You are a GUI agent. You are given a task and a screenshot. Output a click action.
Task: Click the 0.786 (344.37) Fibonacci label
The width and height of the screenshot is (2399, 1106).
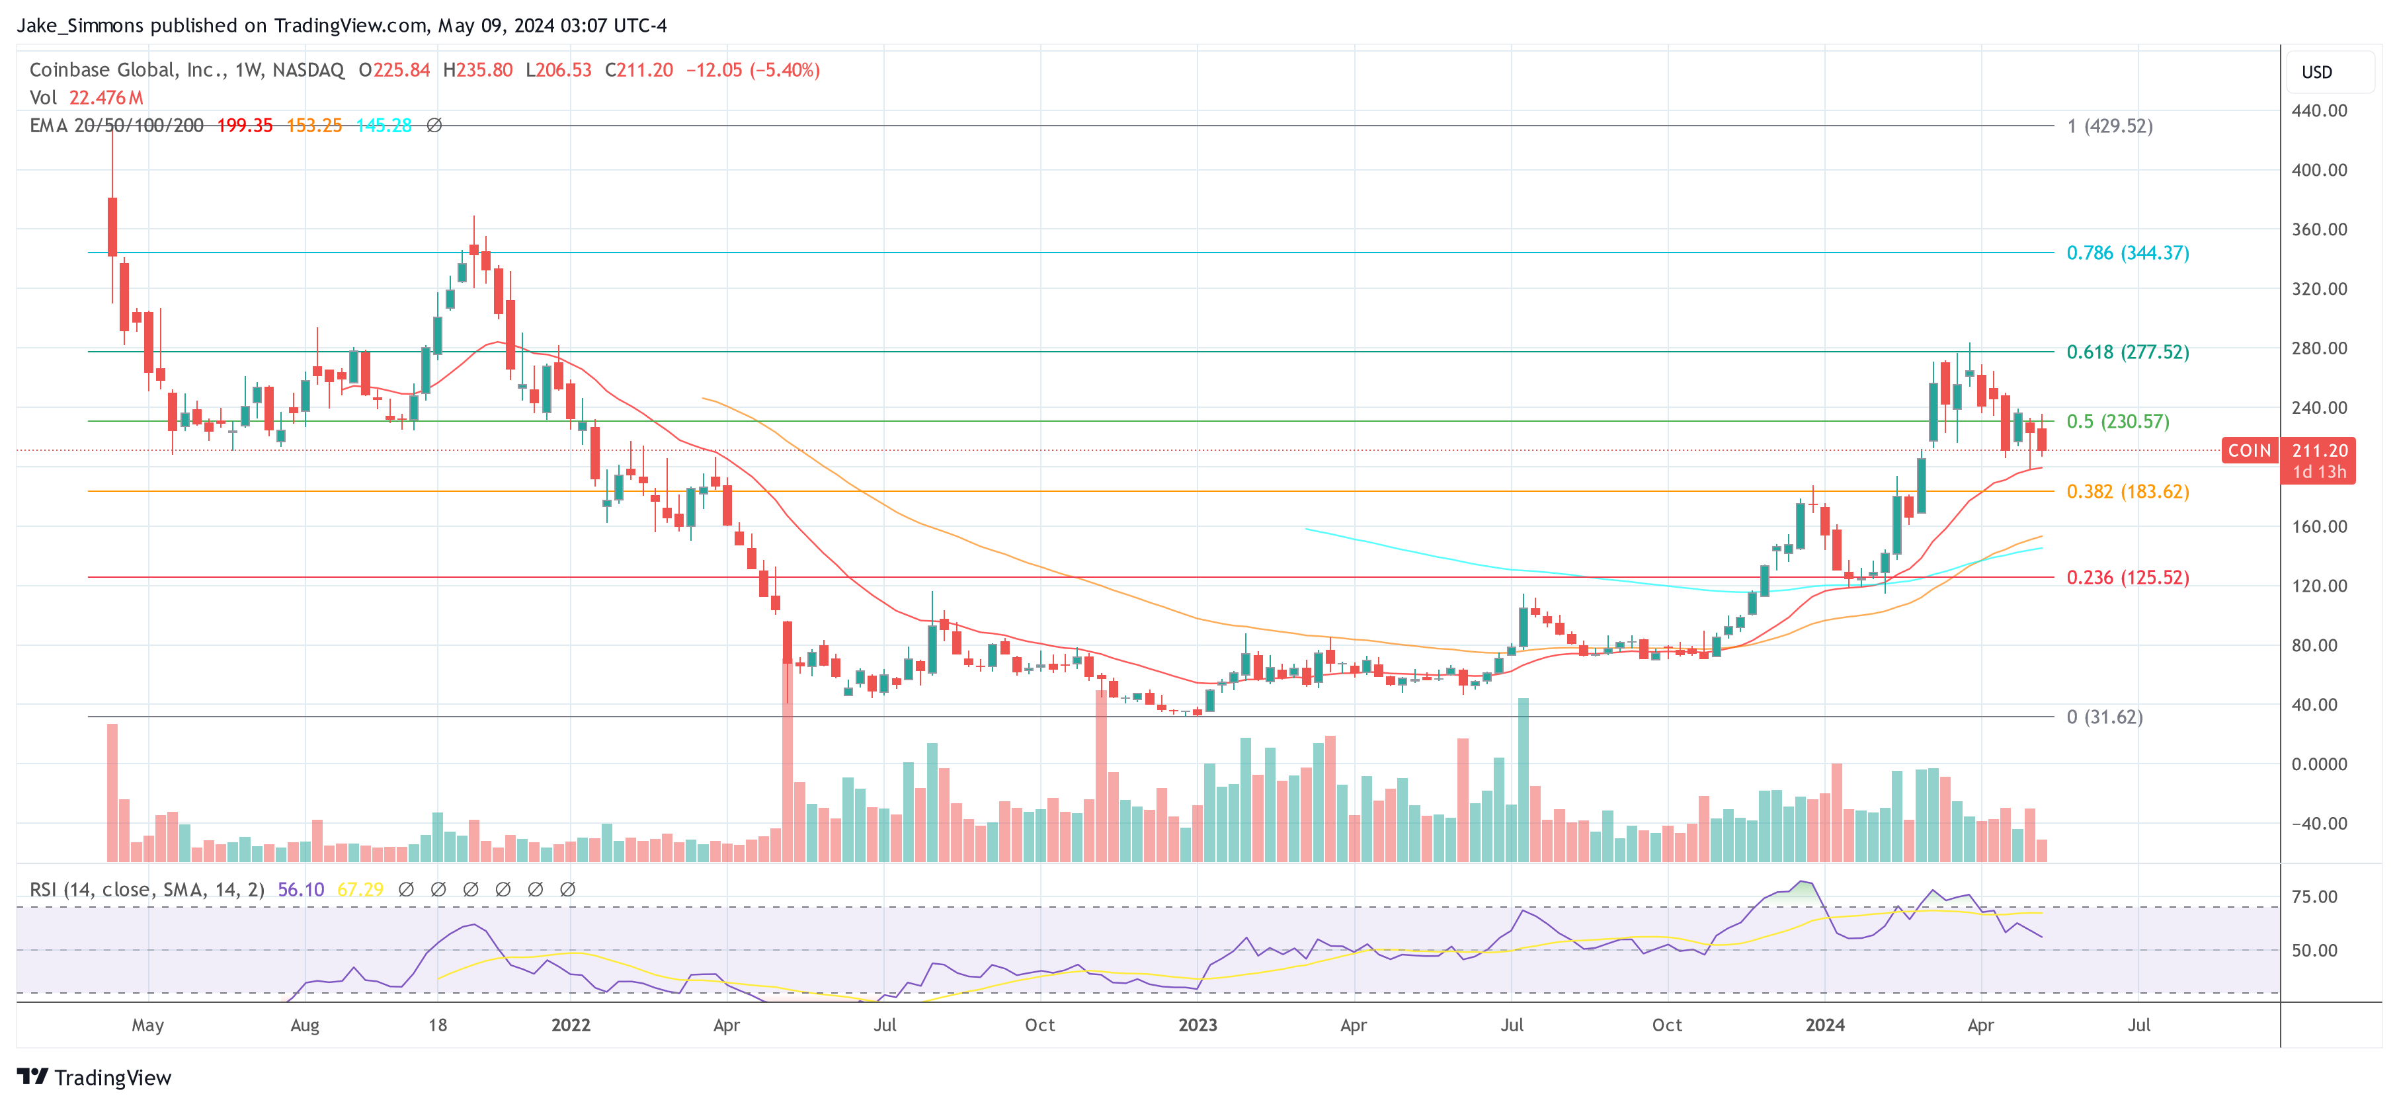click(x=2127, y=253)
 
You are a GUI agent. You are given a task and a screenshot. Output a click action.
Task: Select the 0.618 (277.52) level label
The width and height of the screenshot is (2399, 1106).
click(x=2127, y=352)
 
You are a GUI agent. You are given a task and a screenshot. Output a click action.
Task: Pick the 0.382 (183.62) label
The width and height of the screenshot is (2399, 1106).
click(x=2127, y=492)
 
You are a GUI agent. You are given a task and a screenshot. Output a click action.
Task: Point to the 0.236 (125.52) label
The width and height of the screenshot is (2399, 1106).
click(x=2127, y=577)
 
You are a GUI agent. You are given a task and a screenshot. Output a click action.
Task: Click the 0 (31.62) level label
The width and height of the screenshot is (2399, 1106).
click(x=2104, y=717)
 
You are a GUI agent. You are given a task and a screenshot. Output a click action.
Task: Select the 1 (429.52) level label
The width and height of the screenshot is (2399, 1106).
click(x=2109, y=126)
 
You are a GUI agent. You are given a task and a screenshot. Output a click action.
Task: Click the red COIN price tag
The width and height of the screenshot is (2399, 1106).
click(x=2249, y=451)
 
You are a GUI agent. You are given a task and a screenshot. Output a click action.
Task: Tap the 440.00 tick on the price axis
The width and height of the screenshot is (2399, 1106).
click(x=2319, y=111)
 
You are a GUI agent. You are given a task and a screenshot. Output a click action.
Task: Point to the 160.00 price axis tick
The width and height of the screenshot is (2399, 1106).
click(x=2319, y=527)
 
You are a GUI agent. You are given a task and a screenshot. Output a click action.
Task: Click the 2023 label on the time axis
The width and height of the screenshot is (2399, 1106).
click(x=1197, y=1025)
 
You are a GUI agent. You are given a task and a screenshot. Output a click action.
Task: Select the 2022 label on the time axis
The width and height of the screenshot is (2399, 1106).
click(x=570, y=1025)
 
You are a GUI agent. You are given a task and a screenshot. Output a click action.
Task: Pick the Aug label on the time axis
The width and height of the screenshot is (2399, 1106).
click(x=305, y=1025)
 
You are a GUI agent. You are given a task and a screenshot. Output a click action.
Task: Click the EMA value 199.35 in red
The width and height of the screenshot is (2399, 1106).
click(x=245, y=126)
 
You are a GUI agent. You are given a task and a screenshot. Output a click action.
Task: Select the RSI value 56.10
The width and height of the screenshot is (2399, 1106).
click(x=301, y=890)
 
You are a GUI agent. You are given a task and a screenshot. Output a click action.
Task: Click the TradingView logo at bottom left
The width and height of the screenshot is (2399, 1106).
click(x=94, y=1077)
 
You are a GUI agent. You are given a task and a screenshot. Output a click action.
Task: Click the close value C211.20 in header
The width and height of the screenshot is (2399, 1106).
click(x=639, y=70)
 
